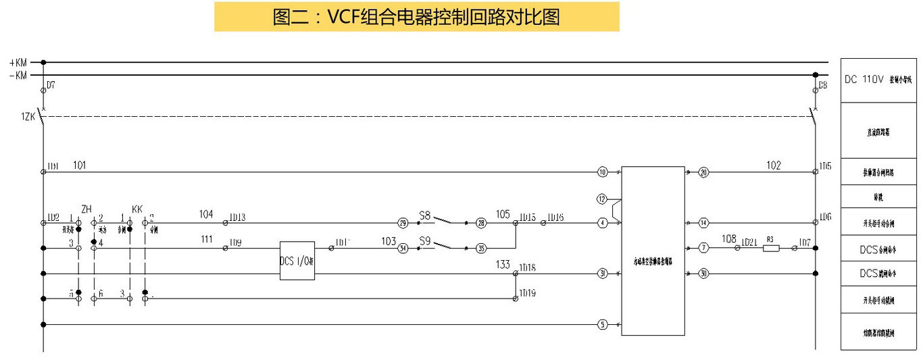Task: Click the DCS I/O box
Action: coord(297,261)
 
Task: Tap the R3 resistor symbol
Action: coord(771,249)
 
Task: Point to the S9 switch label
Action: coord(425,240)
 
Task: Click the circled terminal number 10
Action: coord(603,172)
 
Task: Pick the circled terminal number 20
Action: coord(703,172)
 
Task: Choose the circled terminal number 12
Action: coord(603,199)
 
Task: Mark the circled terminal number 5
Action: coord(603,325)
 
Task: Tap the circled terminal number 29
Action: coord(403,222)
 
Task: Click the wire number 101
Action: coord(80,164)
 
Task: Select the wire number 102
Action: coord(774,164)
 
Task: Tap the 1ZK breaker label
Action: coord(27,116)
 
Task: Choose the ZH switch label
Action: coord(86,209)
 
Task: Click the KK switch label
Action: coord(137,209)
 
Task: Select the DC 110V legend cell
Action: coord(880,80)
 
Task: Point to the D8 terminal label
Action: coord(822,86)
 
